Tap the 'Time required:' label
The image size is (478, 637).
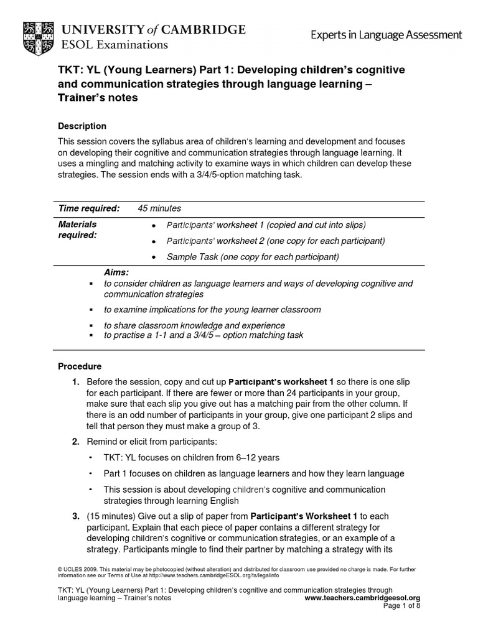click(88, 208)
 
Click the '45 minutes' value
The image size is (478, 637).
click(159, 208)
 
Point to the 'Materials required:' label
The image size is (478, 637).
click(77, 230)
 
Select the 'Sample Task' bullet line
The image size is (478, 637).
click(252, 257)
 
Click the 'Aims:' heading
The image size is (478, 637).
click(116, 272)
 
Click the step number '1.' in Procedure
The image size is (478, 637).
click(75, 381)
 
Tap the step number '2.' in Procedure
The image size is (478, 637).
click(75, 442)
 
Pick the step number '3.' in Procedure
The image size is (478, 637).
click(75, 516)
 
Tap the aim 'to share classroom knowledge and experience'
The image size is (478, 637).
click(194, 325)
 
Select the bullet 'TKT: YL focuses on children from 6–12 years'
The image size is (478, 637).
click(191, 458)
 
